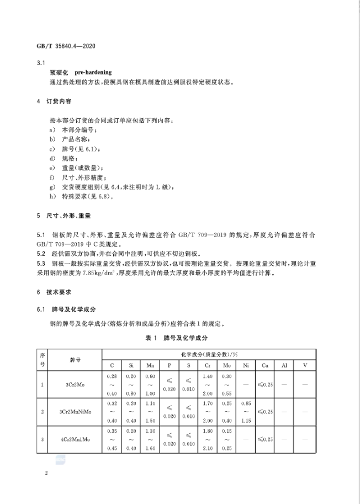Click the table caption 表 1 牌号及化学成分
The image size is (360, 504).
click(179, 336)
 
